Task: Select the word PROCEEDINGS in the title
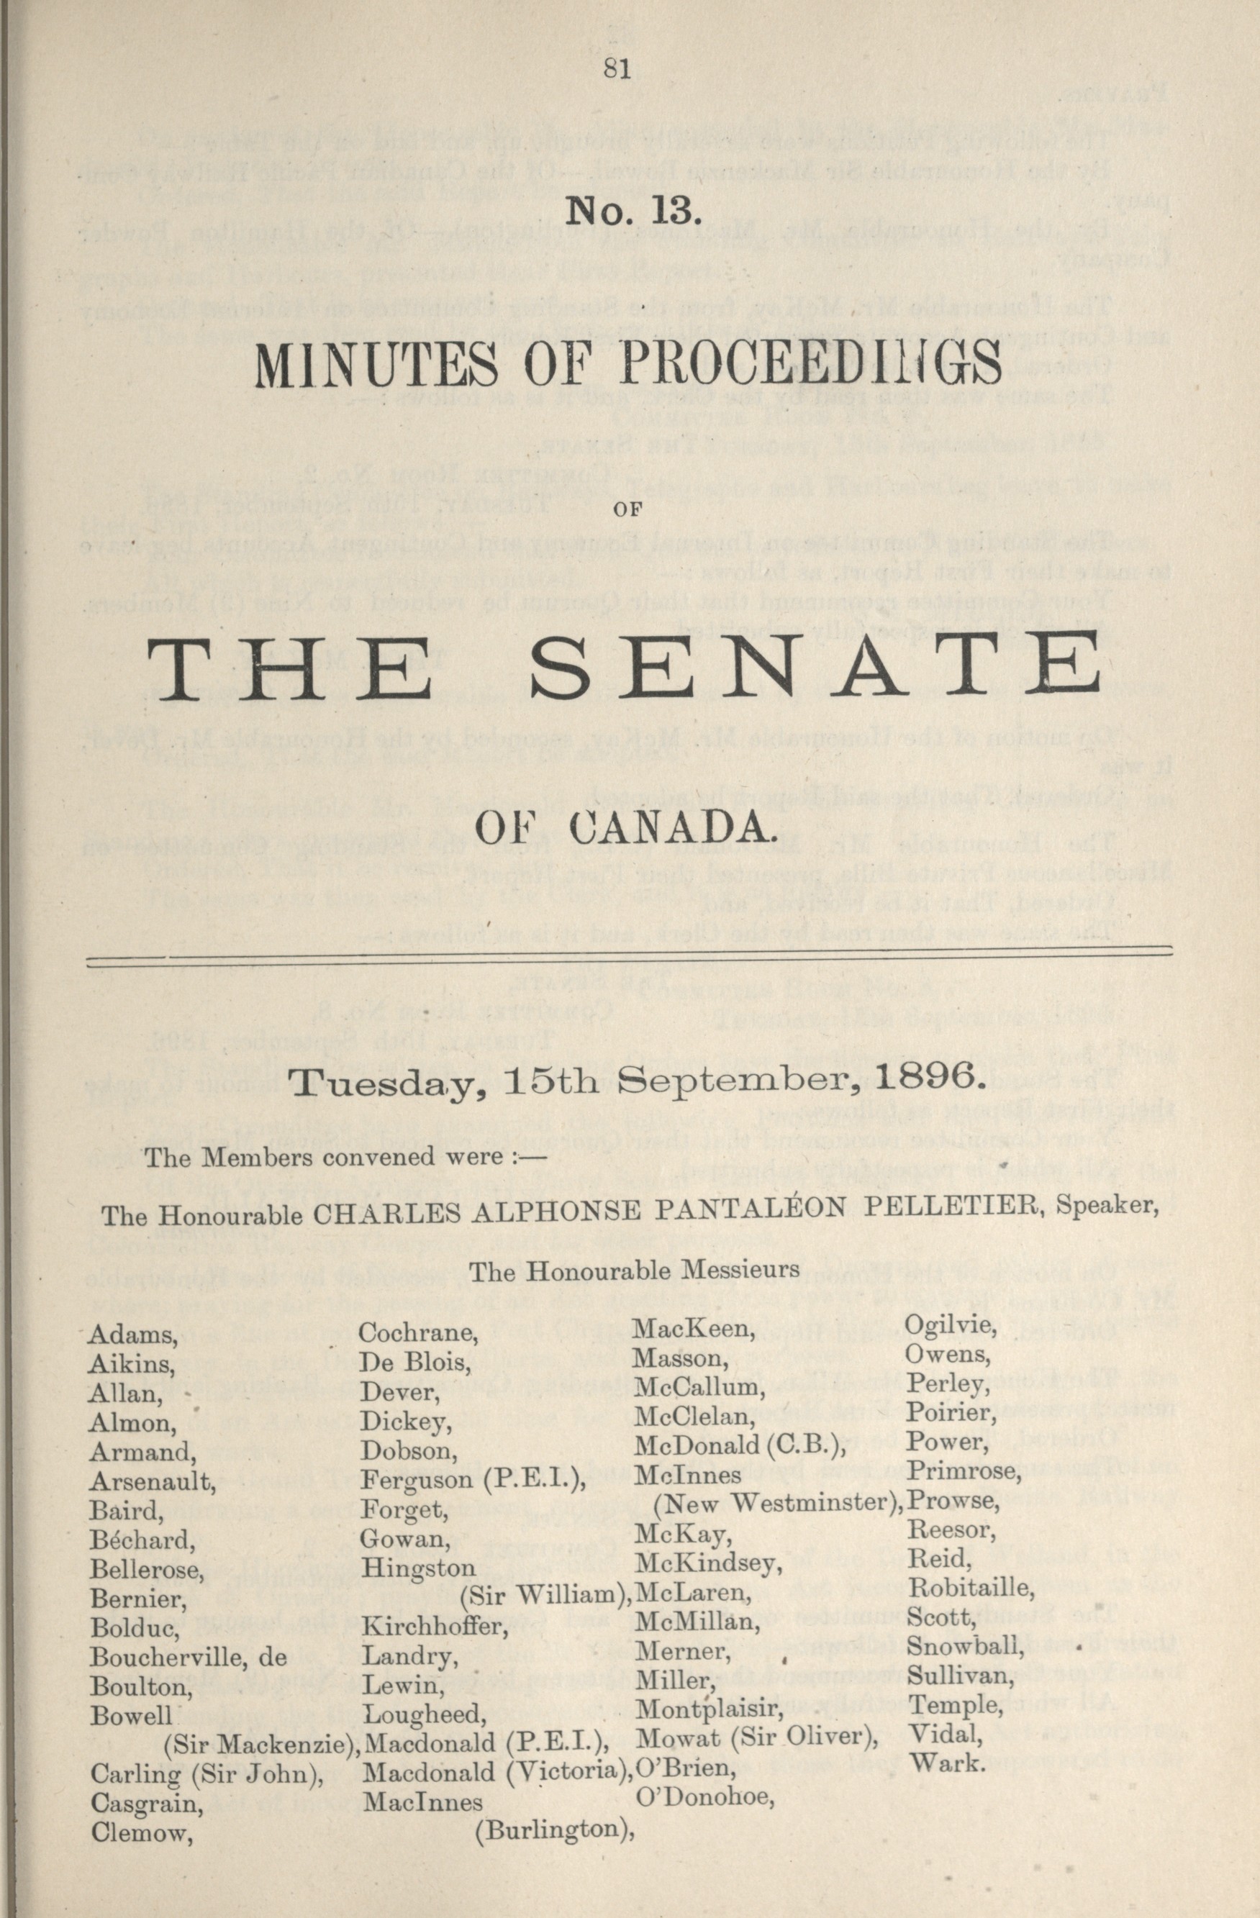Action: pyautogui.click(x=810, y=367)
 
